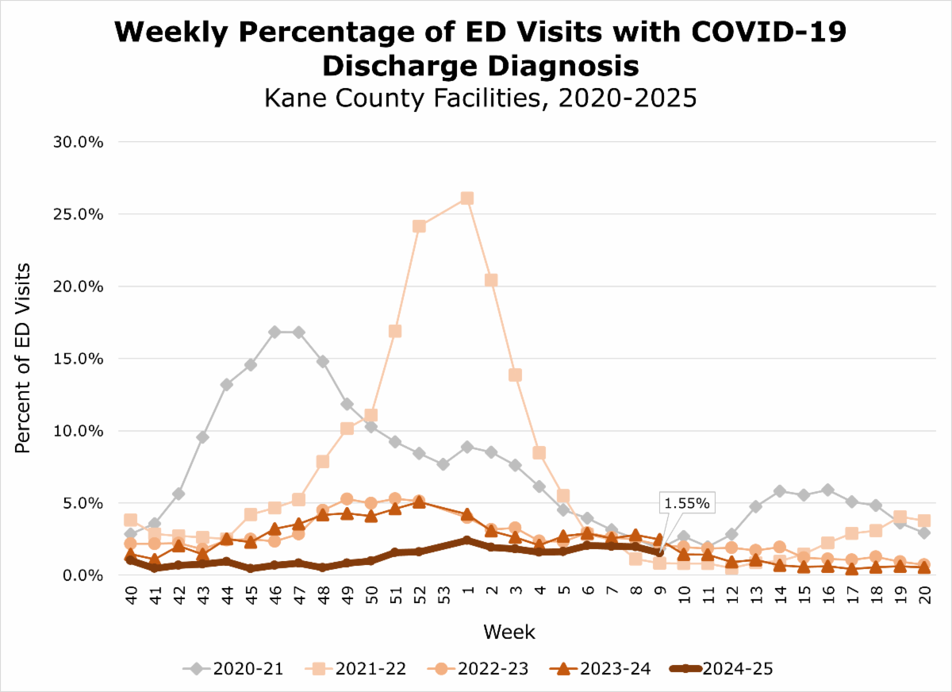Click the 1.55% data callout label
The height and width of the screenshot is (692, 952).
(x=687, y=503)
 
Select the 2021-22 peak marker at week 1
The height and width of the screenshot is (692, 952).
(x=467, y=198)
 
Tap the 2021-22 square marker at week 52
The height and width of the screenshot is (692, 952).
(x=419, y=226)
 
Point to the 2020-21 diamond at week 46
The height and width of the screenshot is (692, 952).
(x=274, y=332)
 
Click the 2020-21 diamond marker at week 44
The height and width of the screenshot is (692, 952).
(x=226, y=384)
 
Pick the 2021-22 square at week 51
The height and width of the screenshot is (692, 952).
(x=395, y=331)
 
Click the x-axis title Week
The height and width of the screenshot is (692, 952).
(x=509, y=632)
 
